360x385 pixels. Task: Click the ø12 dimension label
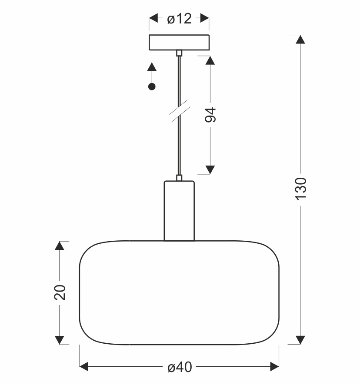180,19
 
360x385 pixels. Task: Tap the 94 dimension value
210,115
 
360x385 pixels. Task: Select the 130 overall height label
300,189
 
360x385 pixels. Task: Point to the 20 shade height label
60,292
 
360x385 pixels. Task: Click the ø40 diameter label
180,367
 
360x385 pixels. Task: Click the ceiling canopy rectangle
179,43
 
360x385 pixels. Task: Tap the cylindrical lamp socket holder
179,211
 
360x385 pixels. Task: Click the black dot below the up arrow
152,86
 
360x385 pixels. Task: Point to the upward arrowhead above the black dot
152,66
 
